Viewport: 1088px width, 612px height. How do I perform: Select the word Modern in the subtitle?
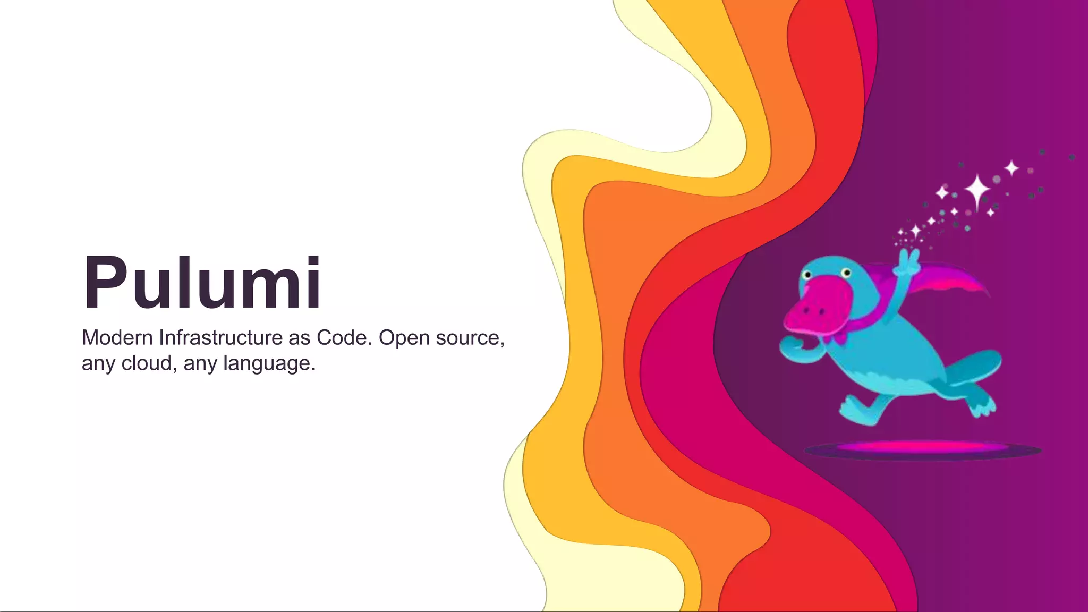pos(117,338)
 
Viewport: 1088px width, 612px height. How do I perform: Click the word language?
pos(269,364)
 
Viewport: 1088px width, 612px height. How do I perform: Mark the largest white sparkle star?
pos(977,190)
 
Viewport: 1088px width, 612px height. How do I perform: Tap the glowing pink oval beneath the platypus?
pos(922,447)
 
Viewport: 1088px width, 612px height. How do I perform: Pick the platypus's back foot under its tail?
pos(981,404)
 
